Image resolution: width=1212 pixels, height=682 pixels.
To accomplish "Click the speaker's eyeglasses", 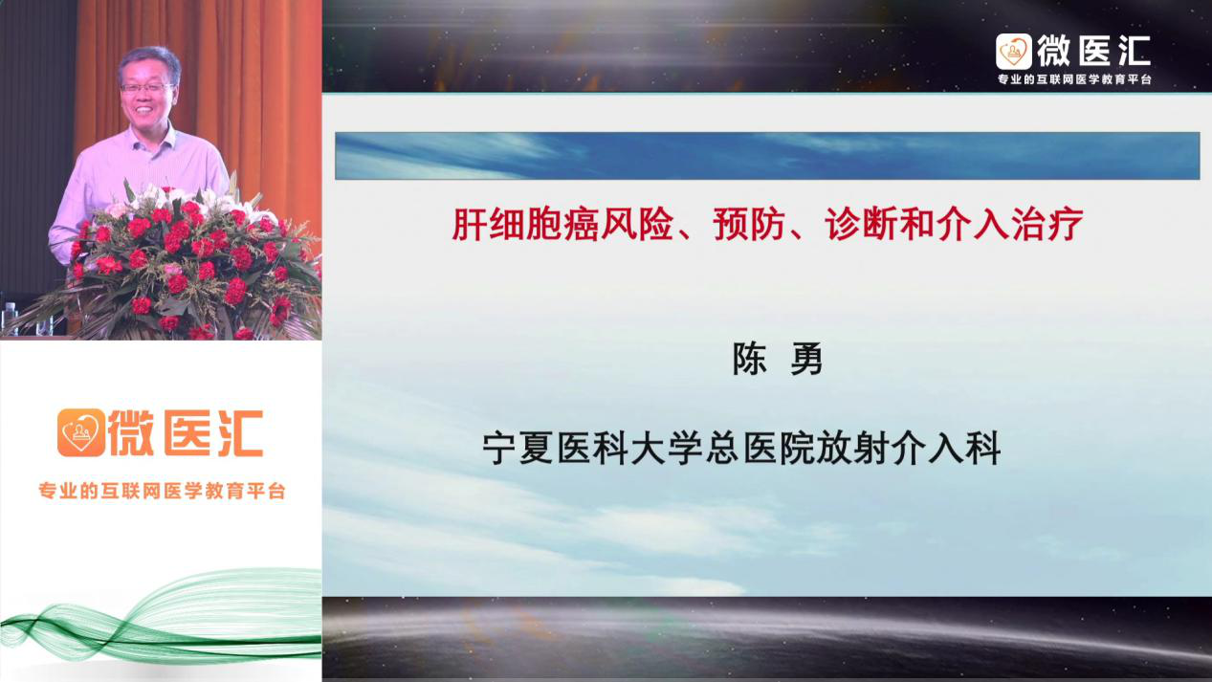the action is pyautogui.click(x=146, y=88).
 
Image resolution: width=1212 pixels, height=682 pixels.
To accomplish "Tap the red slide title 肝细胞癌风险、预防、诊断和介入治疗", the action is pyautogui.click(x=767, y=224).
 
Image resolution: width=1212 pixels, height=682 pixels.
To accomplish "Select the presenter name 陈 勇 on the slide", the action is pyautogui.click(x=778, y=359).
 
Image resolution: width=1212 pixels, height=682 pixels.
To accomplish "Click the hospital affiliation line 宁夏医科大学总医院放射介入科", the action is pyautogui.click(x=741, y=448).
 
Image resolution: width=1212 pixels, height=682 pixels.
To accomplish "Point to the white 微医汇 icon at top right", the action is pyautogui.click(x=1014, y=52).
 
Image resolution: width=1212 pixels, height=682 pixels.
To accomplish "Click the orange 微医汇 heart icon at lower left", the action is pyautogui.click(x=80, y=432).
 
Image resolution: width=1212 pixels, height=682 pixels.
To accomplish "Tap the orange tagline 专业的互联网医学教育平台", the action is pyautogui.click(x=162, y=491).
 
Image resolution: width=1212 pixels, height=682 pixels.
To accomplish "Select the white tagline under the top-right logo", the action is pyautogui.click(x=1074, y=79).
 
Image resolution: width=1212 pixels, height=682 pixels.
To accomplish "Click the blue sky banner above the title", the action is pyautogui.click(x=767, y=156).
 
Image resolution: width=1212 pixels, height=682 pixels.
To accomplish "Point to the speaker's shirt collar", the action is pyautogui.click(x=149, y=142).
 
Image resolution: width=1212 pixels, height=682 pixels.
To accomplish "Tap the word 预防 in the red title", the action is pyautogui.click(x=749, y=224).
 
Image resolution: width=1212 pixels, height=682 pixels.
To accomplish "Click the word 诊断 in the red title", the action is pyautogui.click(x=860, y=224).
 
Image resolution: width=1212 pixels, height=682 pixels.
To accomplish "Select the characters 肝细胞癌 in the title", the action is pyautogui.click(x=524, y=224).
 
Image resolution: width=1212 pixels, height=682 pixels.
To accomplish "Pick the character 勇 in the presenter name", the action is pyautogui.click(x=806, y=359).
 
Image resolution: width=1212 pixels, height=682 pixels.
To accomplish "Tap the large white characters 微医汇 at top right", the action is pyautogui.click(x=1094, y=52).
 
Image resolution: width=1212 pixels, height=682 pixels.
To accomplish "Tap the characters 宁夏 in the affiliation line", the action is pyautogui.click(x=518, y=448).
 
